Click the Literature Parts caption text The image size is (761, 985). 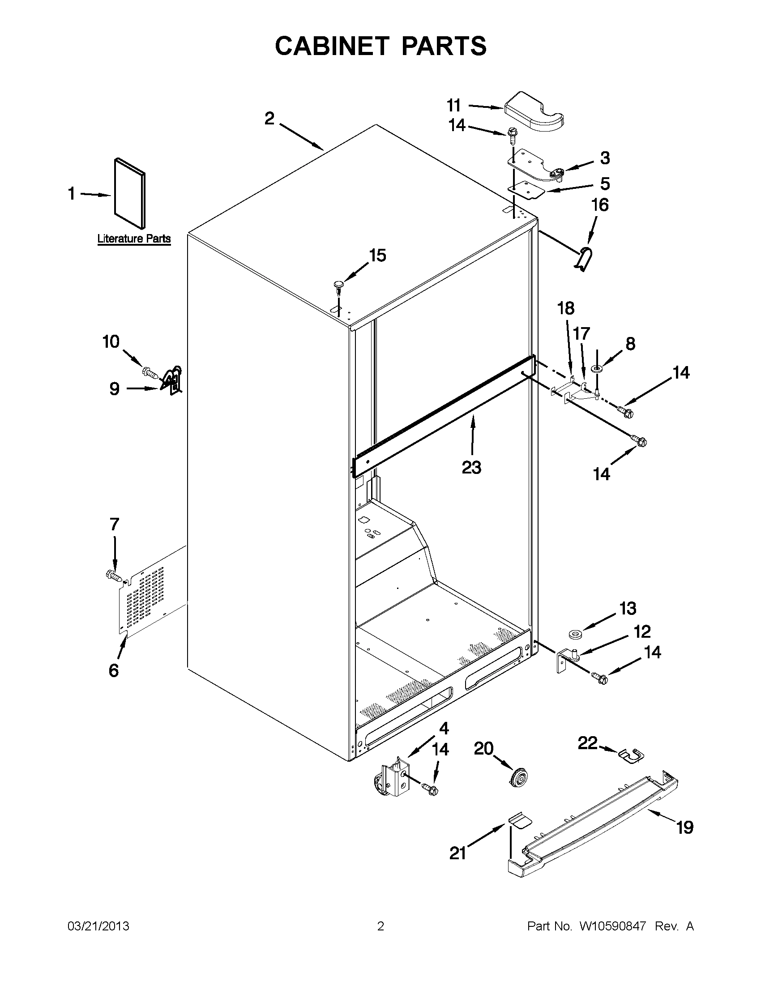134,239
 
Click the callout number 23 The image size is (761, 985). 471,467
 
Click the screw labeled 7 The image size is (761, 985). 114,575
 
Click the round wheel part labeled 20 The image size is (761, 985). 518,777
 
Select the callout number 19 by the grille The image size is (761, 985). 684,827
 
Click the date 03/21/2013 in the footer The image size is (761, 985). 98,926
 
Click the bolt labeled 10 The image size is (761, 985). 150,372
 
